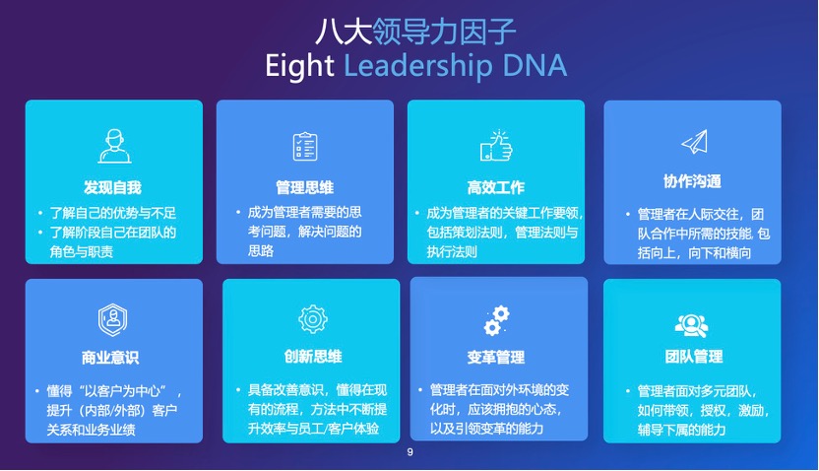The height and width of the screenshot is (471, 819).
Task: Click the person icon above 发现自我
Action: [x=114, y=146]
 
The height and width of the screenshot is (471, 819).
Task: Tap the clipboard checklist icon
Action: [x=305, y=147]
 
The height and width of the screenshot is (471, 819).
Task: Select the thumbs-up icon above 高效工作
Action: [x=496, y=145]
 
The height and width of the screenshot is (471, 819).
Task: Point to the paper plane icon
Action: [x=695, y=142]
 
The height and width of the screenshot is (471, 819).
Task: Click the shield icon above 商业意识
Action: [x=112, y=319]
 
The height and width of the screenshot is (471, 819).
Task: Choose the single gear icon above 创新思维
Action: [x=313, y=319]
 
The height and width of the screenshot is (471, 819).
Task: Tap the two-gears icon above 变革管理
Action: [x=496, y=320]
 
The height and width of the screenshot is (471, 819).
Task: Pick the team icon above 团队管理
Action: [x=692, y=325]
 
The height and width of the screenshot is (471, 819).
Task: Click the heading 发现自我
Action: [x=113, y=187]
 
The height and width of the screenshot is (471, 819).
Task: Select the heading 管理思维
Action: [x=305, y=187]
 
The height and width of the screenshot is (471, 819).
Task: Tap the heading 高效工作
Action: [x=496, y=187]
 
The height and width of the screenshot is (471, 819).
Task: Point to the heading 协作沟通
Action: [x=693, y=181]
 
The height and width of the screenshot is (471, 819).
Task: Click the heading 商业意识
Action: [x=110, y=358]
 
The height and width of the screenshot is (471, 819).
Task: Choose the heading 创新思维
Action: [x=313, y=357]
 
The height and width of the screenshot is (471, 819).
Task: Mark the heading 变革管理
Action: [x=496, y=358]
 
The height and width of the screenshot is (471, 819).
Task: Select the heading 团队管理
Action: [x=694, y=357]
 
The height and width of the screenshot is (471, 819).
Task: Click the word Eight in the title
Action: [x=299, y=67]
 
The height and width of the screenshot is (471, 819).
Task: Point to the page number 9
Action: [x=410, y=452]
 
